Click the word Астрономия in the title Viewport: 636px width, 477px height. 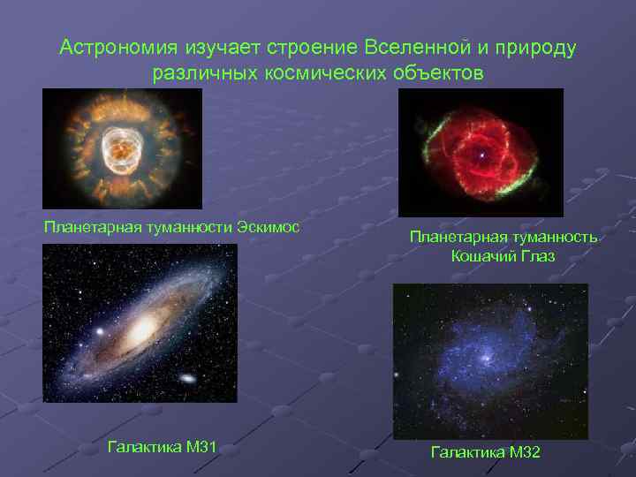point(119,48)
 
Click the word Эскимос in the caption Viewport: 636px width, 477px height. point(268,227)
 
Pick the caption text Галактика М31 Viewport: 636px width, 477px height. point(162,447)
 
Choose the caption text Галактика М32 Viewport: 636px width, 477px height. point(486,452)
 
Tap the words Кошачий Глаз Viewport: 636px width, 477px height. point(503,256)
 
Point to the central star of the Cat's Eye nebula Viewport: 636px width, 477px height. point(481,155)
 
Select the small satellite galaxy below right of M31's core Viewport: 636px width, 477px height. point(188,378)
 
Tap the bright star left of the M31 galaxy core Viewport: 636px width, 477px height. point(99,332)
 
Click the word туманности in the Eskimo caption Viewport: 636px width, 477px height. point(187,227)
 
